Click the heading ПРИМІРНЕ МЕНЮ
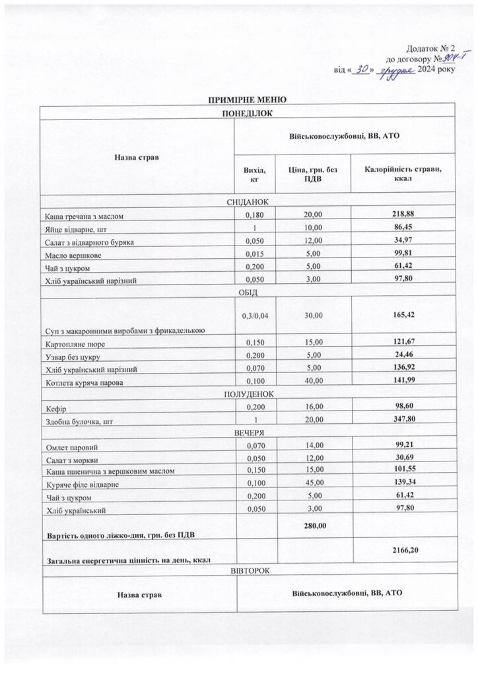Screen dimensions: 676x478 pos(248,100)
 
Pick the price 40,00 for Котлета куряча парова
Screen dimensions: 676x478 pos(314,381)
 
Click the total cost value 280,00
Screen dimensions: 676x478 pos(314,525)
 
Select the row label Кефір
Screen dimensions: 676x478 pos(55,410)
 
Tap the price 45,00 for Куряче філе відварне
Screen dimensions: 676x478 pos(314,484)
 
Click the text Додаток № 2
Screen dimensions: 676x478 pos(430,48)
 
